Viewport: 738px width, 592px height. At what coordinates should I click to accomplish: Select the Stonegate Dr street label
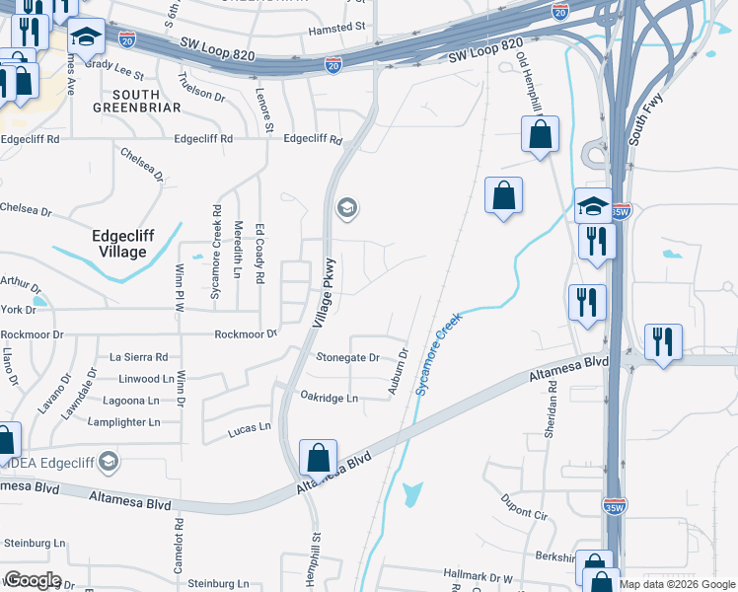347,357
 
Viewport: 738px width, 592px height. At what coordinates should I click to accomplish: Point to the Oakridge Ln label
331,398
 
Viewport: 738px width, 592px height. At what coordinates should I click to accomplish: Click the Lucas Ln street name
249,428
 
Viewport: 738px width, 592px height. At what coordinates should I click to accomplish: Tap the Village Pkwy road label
326,293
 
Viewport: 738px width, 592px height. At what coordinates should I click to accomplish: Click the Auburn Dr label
398,372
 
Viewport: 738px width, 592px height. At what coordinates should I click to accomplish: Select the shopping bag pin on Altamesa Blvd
318,459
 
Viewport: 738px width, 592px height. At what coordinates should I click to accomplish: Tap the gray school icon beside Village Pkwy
346,208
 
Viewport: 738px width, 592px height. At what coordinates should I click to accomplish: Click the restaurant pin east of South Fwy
662,342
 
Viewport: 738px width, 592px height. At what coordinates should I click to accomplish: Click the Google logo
33,580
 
